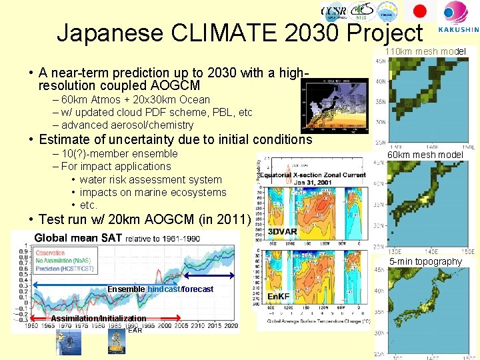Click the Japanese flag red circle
(x=420, y=11)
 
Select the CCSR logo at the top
(x=333, y=11)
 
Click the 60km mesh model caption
(x=425, y=155)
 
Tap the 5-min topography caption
(x=425, y=261)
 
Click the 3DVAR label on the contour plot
(x=282, y=232)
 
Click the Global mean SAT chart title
(x=77, y=238)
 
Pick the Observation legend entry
(x=60, y=253)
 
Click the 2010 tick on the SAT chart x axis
(x=198, y=325)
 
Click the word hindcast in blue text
(x=164, y=289)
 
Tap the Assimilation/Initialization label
(x=98, y=319)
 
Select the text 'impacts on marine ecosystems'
(x=153, y=192)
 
